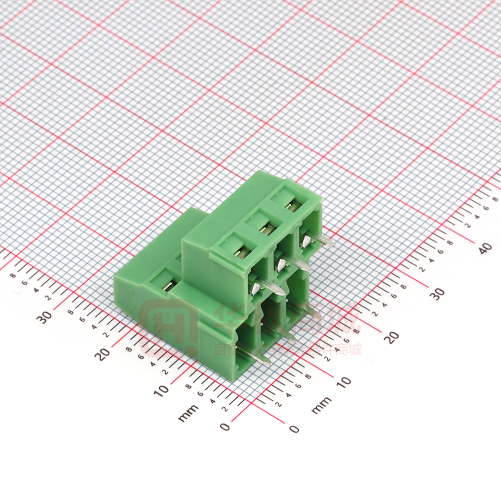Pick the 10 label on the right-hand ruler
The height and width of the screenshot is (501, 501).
(x=343, y=381)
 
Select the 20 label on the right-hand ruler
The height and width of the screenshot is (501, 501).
(x=393, y=336)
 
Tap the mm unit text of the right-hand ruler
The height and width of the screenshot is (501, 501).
(x=321, y=405)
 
